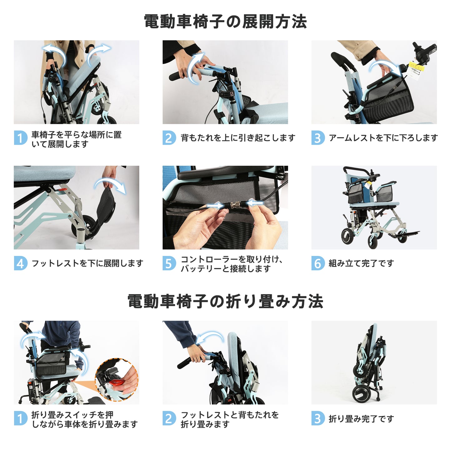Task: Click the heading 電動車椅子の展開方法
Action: click(225, 22)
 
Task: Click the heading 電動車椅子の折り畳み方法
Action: click(225, 301)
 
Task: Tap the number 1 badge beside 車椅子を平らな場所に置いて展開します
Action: click(21, 138)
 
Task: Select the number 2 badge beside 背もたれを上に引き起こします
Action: click(169, 138)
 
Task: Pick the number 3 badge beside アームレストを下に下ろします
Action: click(318, 138)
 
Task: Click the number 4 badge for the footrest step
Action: click(21, 263)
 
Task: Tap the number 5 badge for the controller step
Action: click(169, 263)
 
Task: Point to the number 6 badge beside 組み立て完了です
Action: click(318, 263)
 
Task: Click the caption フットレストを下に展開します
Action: click(87, 263)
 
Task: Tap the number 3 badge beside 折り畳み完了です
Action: click(318, 419)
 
